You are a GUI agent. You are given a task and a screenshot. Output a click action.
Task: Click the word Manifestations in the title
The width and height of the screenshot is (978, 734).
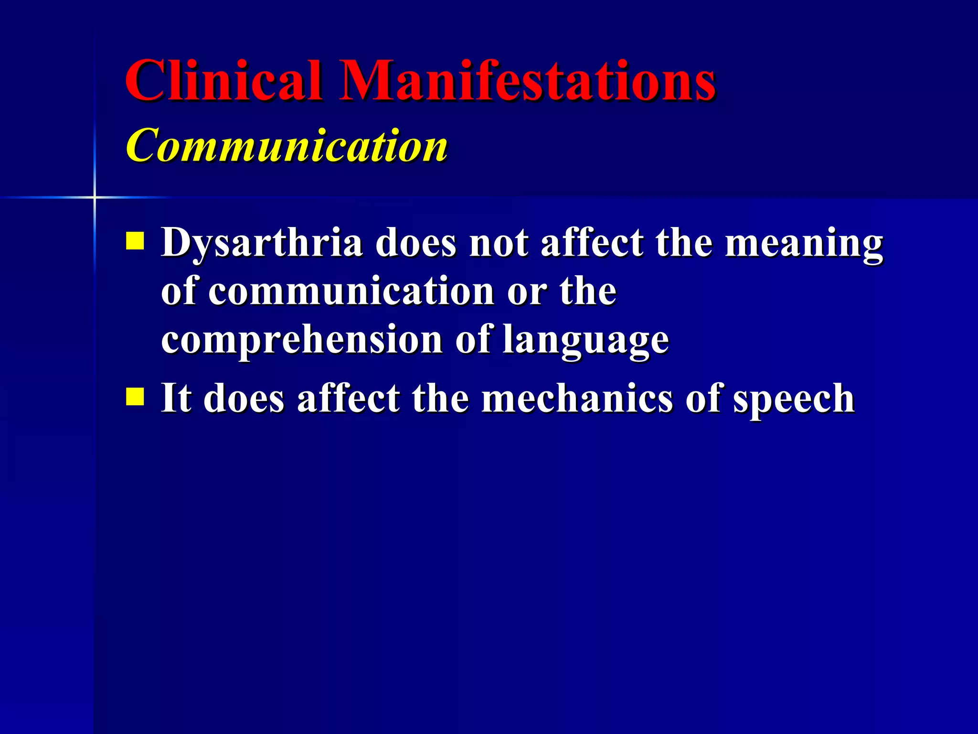527,81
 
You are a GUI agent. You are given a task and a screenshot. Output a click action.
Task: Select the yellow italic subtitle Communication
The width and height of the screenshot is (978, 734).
287,146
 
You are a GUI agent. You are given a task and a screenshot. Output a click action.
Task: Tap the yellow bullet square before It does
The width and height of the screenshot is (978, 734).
135,396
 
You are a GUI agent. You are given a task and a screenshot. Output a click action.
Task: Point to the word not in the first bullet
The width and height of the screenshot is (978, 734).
499,243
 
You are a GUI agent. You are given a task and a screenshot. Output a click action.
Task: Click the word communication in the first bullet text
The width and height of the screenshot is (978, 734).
351,291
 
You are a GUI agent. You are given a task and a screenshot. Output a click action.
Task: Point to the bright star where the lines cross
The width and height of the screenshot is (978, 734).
95,197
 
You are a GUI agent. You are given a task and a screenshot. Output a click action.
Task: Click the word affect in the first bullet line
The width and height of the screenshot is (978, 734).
592,243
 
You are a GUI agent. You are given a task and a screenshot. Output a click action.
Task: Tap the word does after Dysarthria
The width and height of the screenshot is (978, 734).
415,243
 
